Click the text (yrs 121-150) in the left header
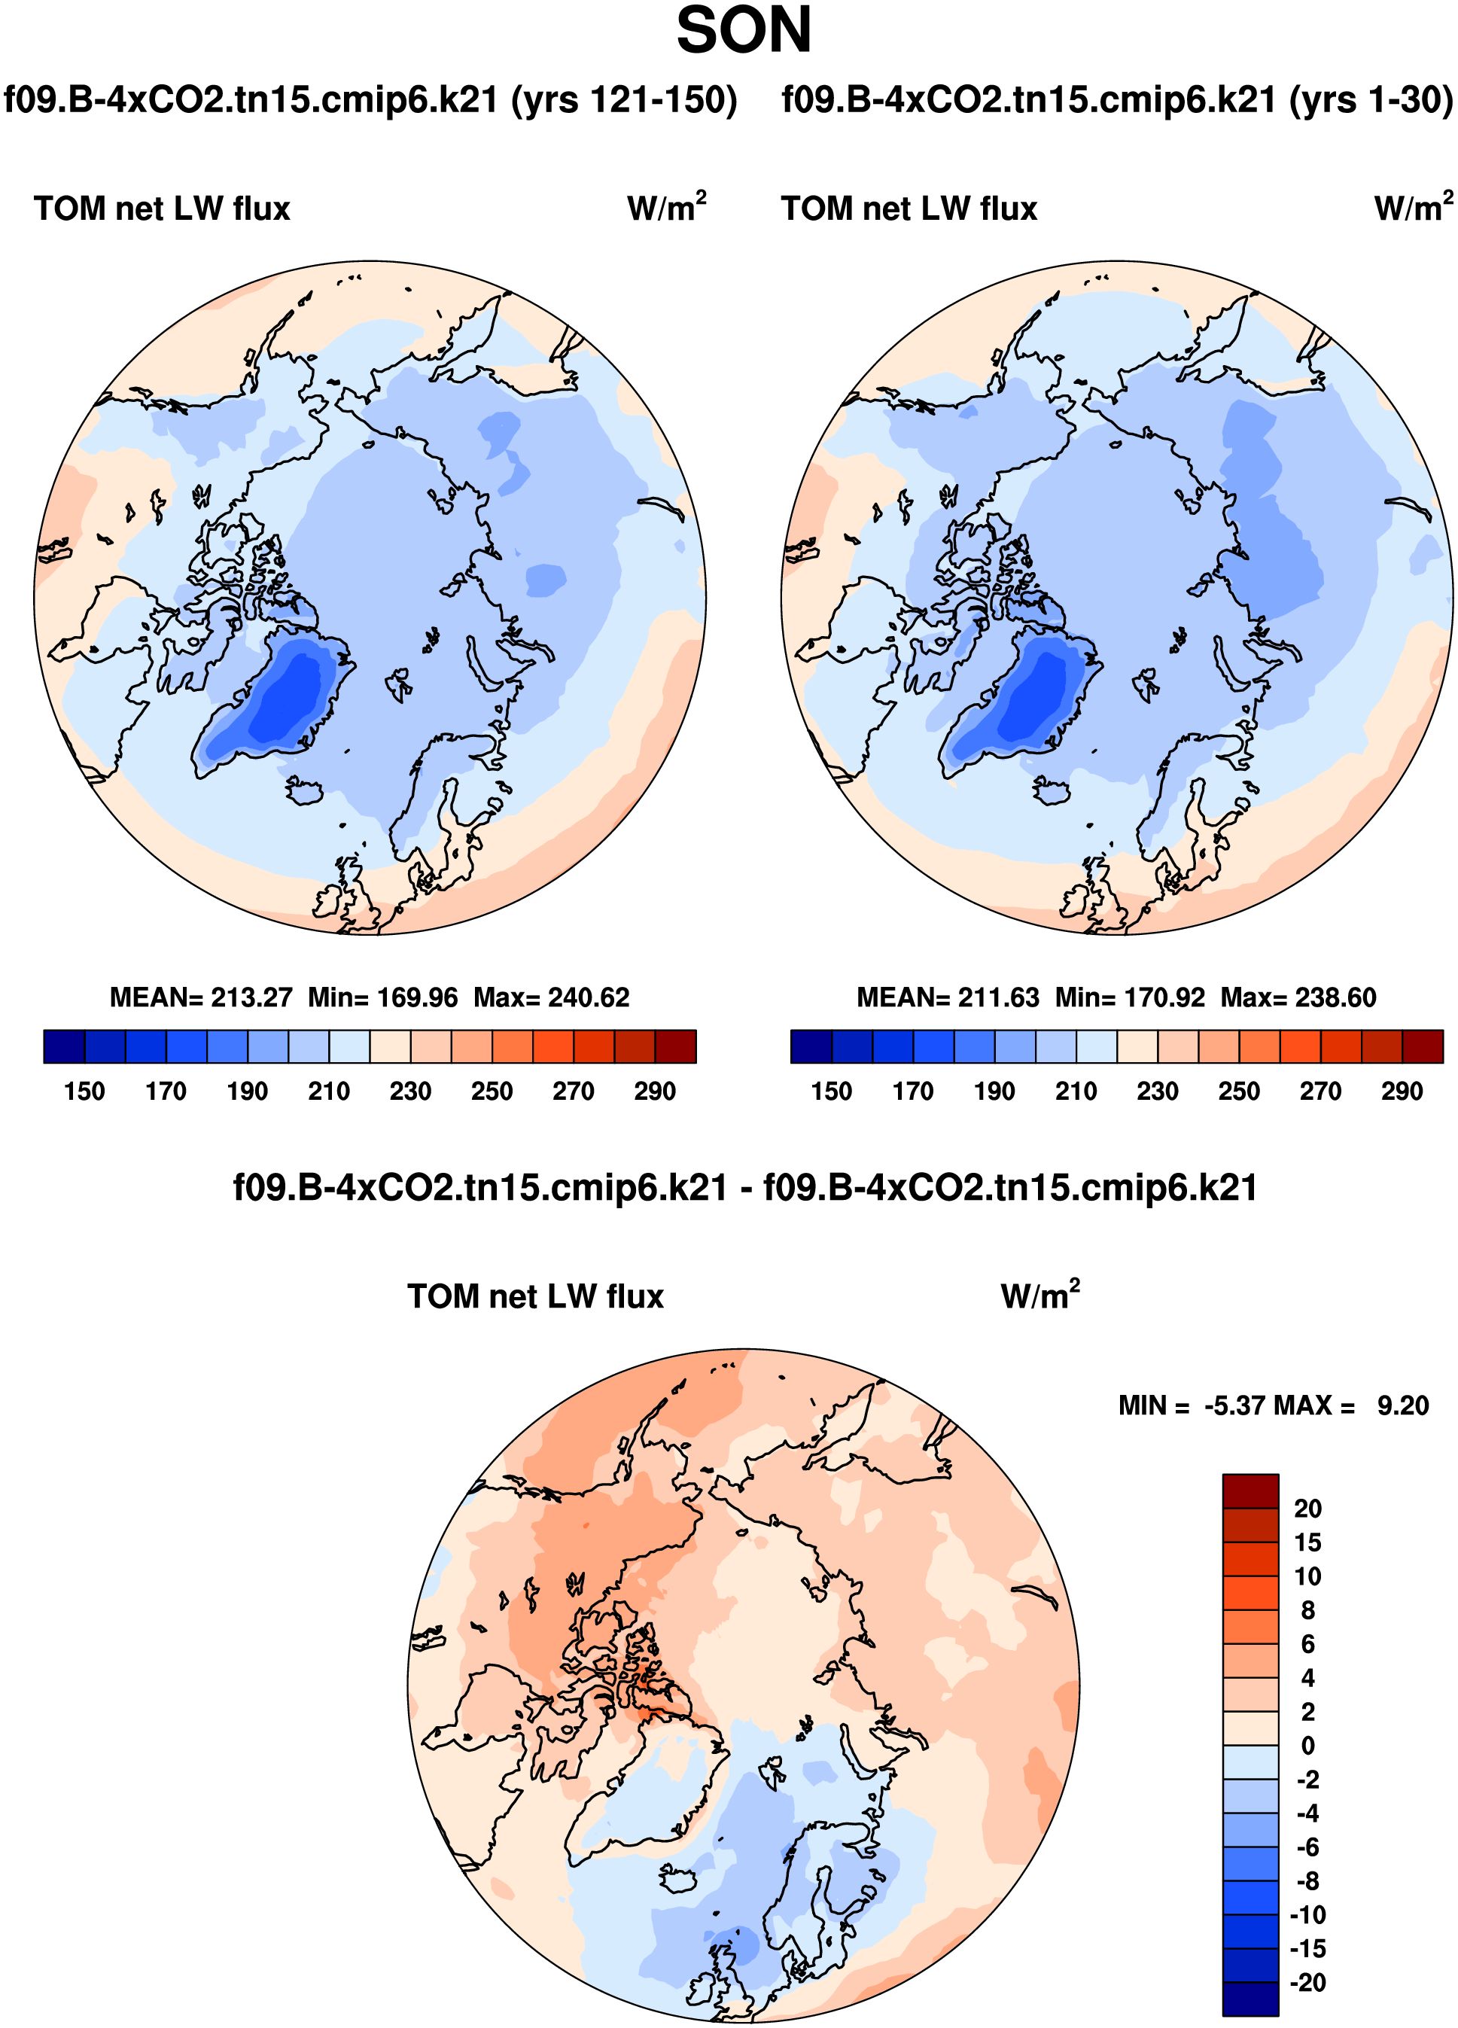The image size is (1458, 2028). point(624,99)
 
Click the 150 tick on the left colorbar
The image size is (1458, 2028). point(84,1091)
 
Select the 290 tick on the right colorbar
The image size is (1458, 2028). point(1401,1091)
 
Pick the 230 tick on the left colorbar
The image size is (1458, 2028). point(410,1091)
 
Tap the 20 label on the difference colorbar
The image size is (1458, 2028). point(1307,1509)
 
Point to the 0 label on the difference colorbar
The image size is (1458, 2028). point(1307,1746)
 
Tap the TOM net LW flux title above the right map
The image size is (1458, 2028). point(909,209)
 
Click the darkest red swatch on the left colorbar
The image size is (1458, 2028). point(675,1046)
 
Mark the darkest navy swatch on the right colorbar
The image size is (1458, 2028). point(811,1046)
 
